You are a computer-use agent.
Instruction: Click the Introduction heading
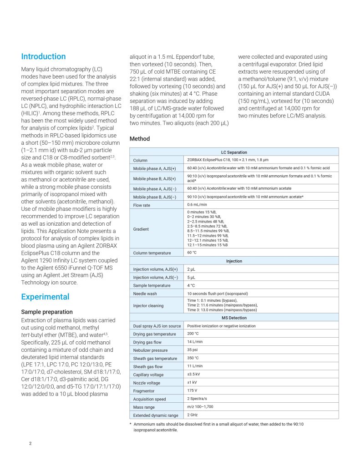pyautogui.click(x=43, y=56)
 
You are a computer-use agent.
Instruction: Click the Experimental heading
pyautogui.click(x=45, y=297)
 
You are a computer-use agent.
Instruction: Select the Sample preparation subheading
pyautogui.click(x=47, y=312)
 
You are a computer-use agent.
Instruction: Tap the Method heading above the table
pyautogui.click(x=140, y=138)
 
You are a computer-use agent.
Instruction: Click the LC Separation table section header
pyautogui.click(x=234, y=152)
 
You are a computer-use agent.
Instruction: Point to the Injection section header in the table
pyautogui.click(x=234, y=261)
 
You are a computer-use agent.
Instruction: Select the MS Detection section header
pyautogui.click(x=234, y=318)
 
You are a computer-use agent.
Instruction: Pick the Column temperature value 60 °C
pyautogui.click(x=192, y=253)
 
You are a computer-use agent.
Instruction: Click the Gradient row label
pyautogui.click(x=141, y=229)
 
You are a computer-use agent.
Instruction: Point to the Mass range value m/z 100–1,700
pyautogui.click(x=200, y=406)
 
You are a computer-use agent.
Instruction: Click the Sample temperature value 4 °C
pyautogui.click(x=191, y=285)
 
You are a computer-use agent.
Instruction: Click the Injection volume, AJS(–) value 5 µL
pyautogui.click(x=191, y=277)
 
